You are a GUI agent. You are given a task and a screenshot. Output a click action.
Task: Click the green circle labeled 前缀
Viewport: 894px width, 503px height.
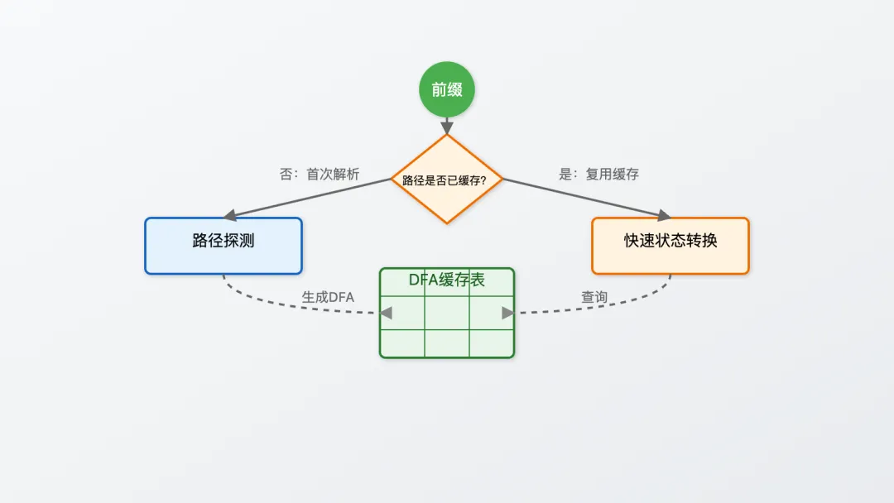(x=447, y=89)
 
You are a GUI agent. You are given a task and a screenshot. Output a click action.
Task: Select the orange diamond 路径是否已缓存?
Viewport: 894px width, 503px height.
(x=447, y=179)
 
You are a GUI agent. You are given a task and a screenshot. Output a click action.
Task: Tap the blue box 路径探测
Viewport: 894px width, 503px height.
(x=223, y=245)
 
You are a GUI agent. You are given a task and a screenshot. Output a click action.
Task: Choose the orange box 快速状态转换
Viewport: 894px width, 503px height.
(x=670, y=245)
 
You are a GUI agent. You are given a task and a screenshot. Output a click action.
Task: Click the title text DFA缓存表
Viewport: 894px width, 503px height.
(x=447, y=280)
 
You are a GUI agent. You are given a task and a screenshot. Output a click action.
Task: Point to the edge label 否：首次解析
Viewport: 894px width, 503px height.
(x=320, y=175)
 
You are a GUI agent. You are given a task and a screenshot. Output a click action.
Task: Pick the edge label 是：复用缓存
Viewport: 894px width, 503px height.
(x=598, y=175)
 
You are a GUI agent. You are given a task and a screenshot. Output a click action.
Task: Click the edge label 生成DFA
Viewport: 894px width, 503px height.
(x=328, y=297)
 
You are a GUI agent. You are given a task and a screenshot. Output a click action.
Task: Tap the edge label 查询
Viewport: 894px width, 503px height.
(x=594, y=297)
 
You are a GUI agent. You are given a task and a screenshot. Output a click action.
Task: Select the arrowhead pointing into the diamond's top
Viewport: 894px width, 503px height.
(x=447, y=128)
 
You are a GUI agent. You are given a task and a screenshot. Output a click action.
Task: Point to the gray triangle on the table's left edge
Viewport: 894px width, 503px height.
(x=386, y=312)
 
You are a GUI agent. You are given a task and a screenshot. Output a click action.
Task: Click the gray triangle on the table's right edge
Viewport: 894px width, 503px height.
(x=507, y=312)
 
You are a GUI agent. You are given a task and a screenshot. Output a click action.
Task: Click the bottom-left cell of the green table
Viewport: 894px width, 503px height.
(x=403, y=343)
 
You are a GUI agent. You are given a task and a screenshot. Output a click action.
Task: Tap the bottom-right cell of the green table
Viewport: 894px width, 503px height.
(x=491, y=343)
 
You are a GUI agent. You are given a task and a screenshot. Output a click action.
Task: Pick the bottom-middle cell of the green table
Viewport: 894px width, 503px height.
(x=447, y=343)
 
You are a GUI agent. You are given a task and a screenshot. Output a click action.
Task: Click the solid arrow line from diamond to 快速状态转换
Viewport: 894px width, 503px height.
(x=579, y=196)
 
